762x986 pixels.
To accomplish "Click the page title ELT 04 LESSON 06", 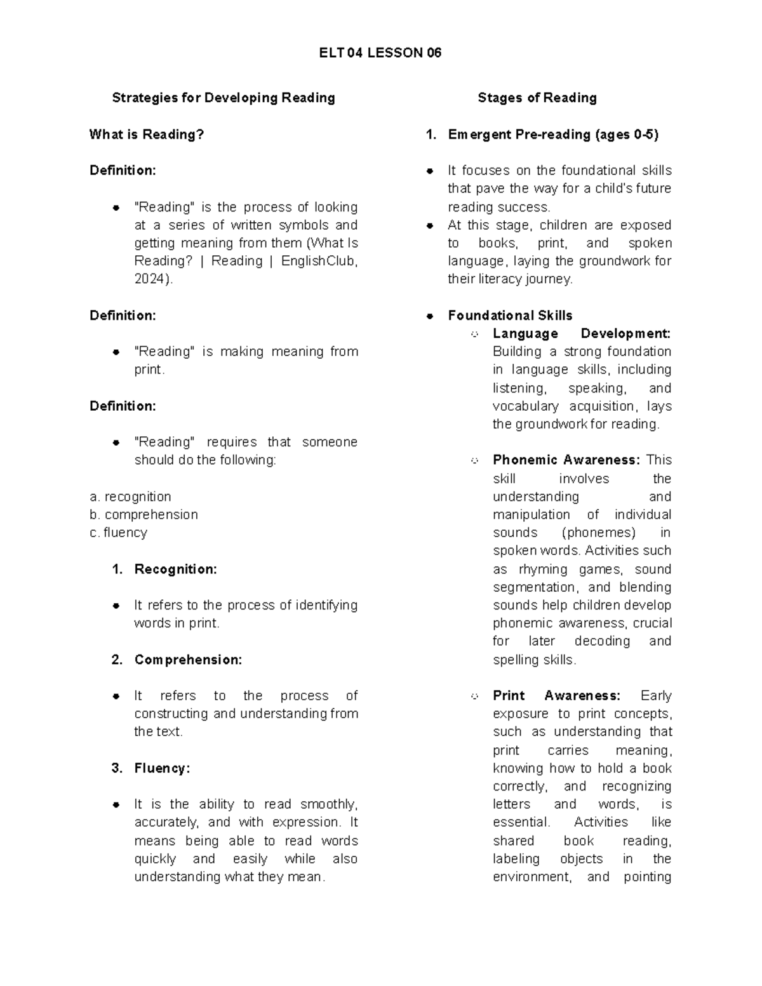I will (x=380, y=53).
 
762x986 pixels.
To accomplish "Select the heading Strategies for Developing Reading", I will (x=224, y=98).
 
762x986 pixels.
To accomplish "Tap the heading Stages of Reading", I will (x=537, y=98).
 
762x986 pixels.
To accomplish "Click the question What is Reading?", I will (x=147, y=134).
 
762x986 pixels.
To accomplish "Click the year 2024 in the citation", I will (x=150, y=279).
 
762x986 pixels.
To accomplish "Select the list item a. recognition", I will (x=130, y=496).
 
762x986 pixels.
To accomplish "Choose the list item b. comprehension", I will (x=144, y=514).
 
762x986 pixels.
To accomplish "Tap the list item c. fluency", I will (x=118, y=533).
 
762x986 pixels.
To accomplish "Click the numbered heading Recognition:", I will (x=175, y=570).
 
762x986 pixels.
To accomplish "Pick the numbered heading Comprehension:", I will (x=188, y=660).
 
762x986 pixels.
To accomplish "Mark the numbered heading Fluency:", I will (x=162, y=768).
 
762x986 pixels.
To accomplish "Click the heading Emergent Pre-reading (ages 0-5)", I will (x=553, y=134).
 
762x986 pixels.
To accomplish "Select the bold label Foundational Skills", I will (x=510, y=316).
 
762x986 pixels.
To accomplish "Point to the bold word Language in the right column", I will (x=525, y=334).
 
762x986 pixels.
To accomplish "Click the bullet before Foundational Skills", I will (x=430, y=316).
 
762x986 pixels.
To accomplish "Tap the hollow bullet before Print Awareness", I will (x=474, y=696).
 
